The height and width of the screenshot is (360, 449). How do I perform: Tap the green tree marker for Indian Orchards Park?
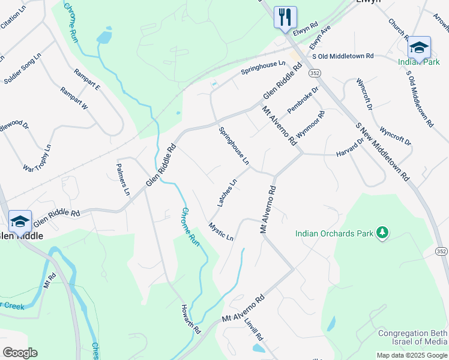(x=382, y=232)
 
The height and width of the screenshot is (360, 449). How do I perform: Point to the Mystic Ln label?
(x=221, y=232)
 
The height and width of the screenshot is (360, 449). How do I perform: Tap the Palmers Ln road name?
(x=122, y=179)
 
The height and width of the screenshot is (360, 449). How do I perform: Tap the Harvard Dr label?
(x=351, y=149)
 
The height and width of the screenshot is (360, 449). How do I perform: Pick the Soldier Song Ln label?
(x=22, y=68)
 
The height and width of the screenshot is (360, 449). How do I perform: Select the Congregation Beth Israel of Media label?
(x=412, y=338)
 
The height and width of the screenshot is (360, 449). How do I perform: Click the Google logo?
(x=20, y=353)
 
